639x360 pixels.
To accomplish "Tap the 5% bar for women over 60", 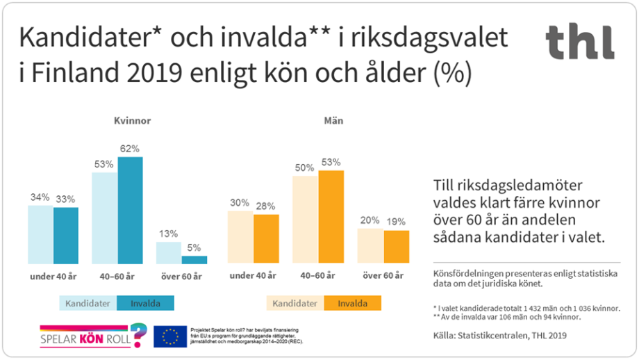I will (194, 260).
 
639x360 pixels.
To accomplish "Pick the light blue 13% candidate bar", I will (169, 253).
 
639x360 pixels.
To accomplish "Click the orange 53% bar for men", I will (331, 217).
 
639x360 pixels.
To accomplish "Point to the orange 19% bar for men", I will (397, 247).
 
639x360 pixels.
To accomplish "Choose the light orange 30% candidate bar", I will (240, 237).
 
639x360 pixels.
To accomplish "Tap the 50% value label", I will (304, 167).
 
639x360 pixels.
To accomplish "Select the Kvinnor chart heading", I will (132, 120).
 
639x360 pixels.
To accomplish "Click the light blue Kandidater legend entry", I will (88, 304).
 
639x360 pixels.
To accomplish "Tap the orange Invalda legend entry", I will (352, 304).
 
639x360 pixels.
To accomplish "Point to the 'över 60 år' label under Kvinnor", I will (181, 277).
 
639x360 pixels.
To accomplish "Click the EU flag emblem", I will (170, 336).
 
